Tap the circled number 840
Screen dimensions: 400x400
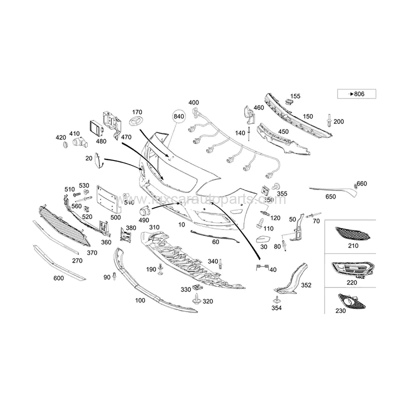pos(178,116)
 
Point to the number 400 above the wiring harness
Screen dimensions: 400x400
pos(193,102)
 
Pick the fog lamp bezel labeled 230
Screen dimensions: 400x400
pos(352,301)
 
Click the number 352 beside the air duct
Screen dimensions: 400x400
pos(306,285)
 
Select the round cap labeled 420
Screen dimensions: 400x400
pos(63,145)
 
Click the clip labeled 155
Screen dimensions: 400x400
pos(288,101)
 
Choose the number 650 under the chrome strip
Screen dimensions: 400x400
pos(330,196)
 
